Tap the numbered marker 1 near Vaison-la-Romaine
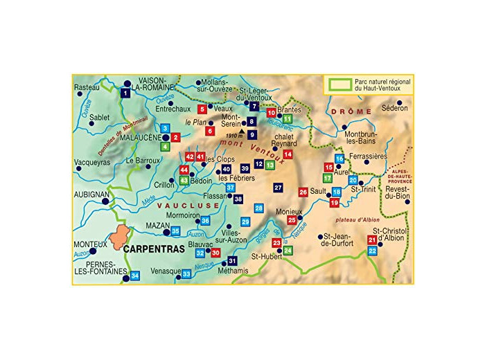[125, 93]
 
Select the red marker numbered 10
[272, 113]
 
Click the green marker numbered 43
[184, 180]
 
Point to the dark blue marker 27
[278, 188]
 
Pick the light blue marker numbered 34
[135, 276]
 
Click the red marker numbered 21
[372, 240]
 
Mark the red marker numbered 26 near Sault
[303, 192]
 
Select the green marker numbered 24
[288, 250]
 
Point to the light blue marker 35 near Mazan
[176, 231]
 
